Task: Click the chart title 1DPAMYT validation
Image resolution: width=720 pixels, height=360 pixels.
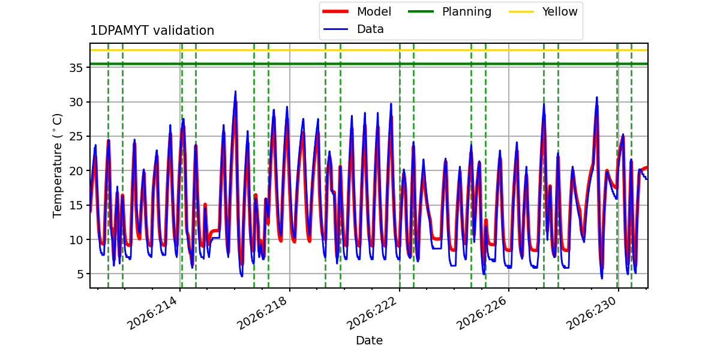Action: [152, 31]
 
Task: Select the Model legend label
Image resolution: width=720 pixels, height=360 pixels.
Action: [374, 11]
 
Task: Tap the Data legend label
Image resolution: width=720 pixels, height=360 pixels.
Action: [370, 29]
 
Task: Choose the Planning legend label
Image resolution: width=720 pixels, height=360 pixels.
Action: [467, 12]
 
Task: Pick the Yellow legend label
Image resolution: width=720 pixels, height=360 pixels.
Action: [560, 11]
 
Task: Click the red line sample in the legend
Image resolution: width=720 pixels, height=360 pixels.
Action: [335, 11]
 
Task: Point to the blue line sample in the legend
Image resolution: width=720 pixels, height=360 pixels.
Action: [335, 29]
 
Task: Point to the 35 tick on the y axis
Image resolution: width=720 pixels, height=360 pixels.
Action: [76, 68]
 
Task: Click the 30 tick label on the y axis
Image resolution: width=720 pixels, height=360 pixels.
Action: [76, 102]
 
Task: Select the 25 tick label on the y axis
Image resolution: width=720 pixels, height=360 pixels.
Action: [76, 137]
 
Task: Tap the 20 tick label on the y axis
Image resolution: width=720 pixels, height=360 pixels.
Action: [76, 171]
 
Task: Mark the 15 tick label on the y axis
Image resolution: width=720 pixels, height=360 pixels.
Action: [76, 205]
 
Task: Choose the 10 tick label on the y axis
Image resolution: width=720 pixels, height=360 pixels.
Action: [76, 240]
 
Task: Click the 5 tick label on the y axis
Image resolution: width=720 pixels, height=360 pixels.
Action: [79, 274]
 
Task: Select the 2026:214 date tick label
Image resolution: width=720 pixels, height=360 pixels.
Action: [152, 313]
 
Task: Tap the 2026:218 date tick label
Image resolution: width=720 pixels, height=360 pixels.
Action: [262, 313]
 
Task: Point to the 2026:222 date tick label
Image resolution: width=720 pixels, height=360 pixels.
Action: [371, 313]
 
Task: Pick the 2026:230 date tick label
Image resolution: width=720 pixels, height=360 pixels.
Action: [591, 313]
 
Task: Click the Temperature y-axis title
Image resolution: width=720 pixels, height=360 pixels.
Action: [57, 166]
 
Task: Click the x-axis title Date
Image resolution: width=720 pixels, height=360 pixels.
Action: [370, 340]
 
